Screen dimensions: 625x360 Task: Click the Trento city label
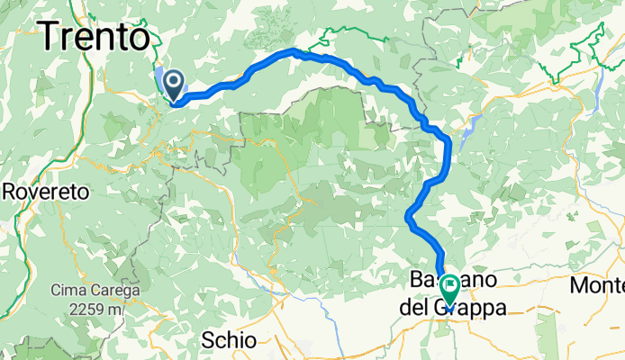(94, 38)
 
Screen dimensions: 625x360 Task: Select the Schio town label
(230, 339)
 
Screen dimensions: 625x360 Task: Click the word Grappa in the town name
(478, 308)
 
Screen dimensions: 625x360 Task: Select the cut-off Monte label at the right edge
(598, 286)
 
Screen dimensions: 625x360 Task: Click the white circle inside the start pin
(171, 82)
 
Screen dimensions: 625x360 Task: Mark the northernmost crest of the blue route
(293, 51)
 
